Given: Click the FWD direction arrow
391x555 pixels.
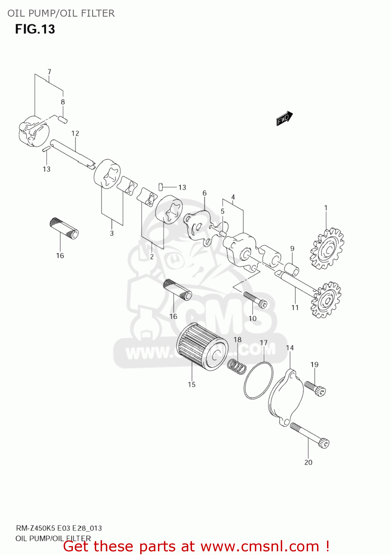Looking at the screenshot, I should tap(284, 118).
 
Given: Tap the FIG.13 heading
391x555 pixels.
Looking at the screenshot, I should tap(35, 29).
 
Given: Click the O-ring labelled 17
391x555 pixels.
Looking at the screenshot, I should tap(259, 380).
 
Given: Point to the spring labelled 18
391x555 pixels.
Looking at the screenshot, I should tap(237, 366).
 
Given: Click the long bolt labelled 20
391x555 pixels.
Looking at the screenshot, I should tap(310, 435).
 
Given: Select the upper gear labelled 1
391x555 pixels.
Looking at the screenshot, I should tap(327, 249).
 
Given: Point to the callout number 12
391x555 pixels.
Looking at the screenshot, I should tap(75, 134).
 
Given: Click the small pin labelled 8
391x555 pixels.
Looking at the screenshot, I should tap(63, 119).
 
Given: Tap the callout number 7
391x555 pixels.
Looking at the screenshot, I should tap(49, 72).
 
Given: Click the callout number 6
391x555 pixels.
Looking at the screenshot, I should tap(205, 193).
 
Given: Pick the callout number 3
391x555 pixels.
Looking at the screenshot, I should tap(112, 233).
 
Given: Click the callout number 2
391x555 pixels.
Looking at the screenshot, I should tap(152, 256).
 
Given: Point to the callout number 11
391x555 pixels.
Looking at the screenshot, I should tap(295, 307).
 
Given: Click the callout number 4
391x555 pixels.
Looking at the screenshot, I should tap(233, 197).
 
